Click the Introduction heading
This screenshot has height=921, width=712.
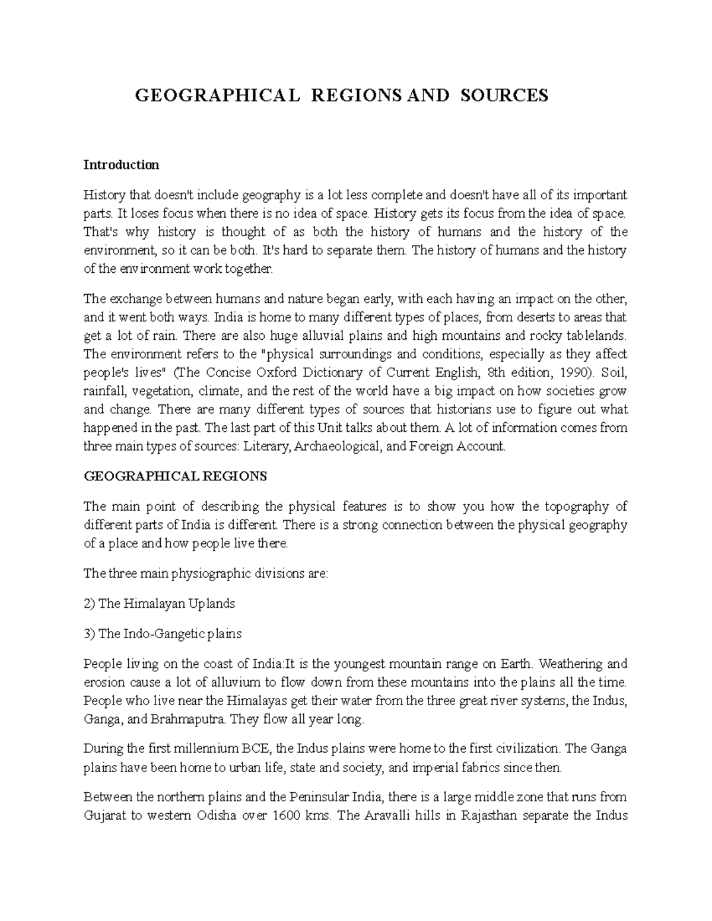point(121,165)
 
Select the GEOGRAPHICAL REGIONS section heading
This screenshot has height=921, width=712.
point(175,476)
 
